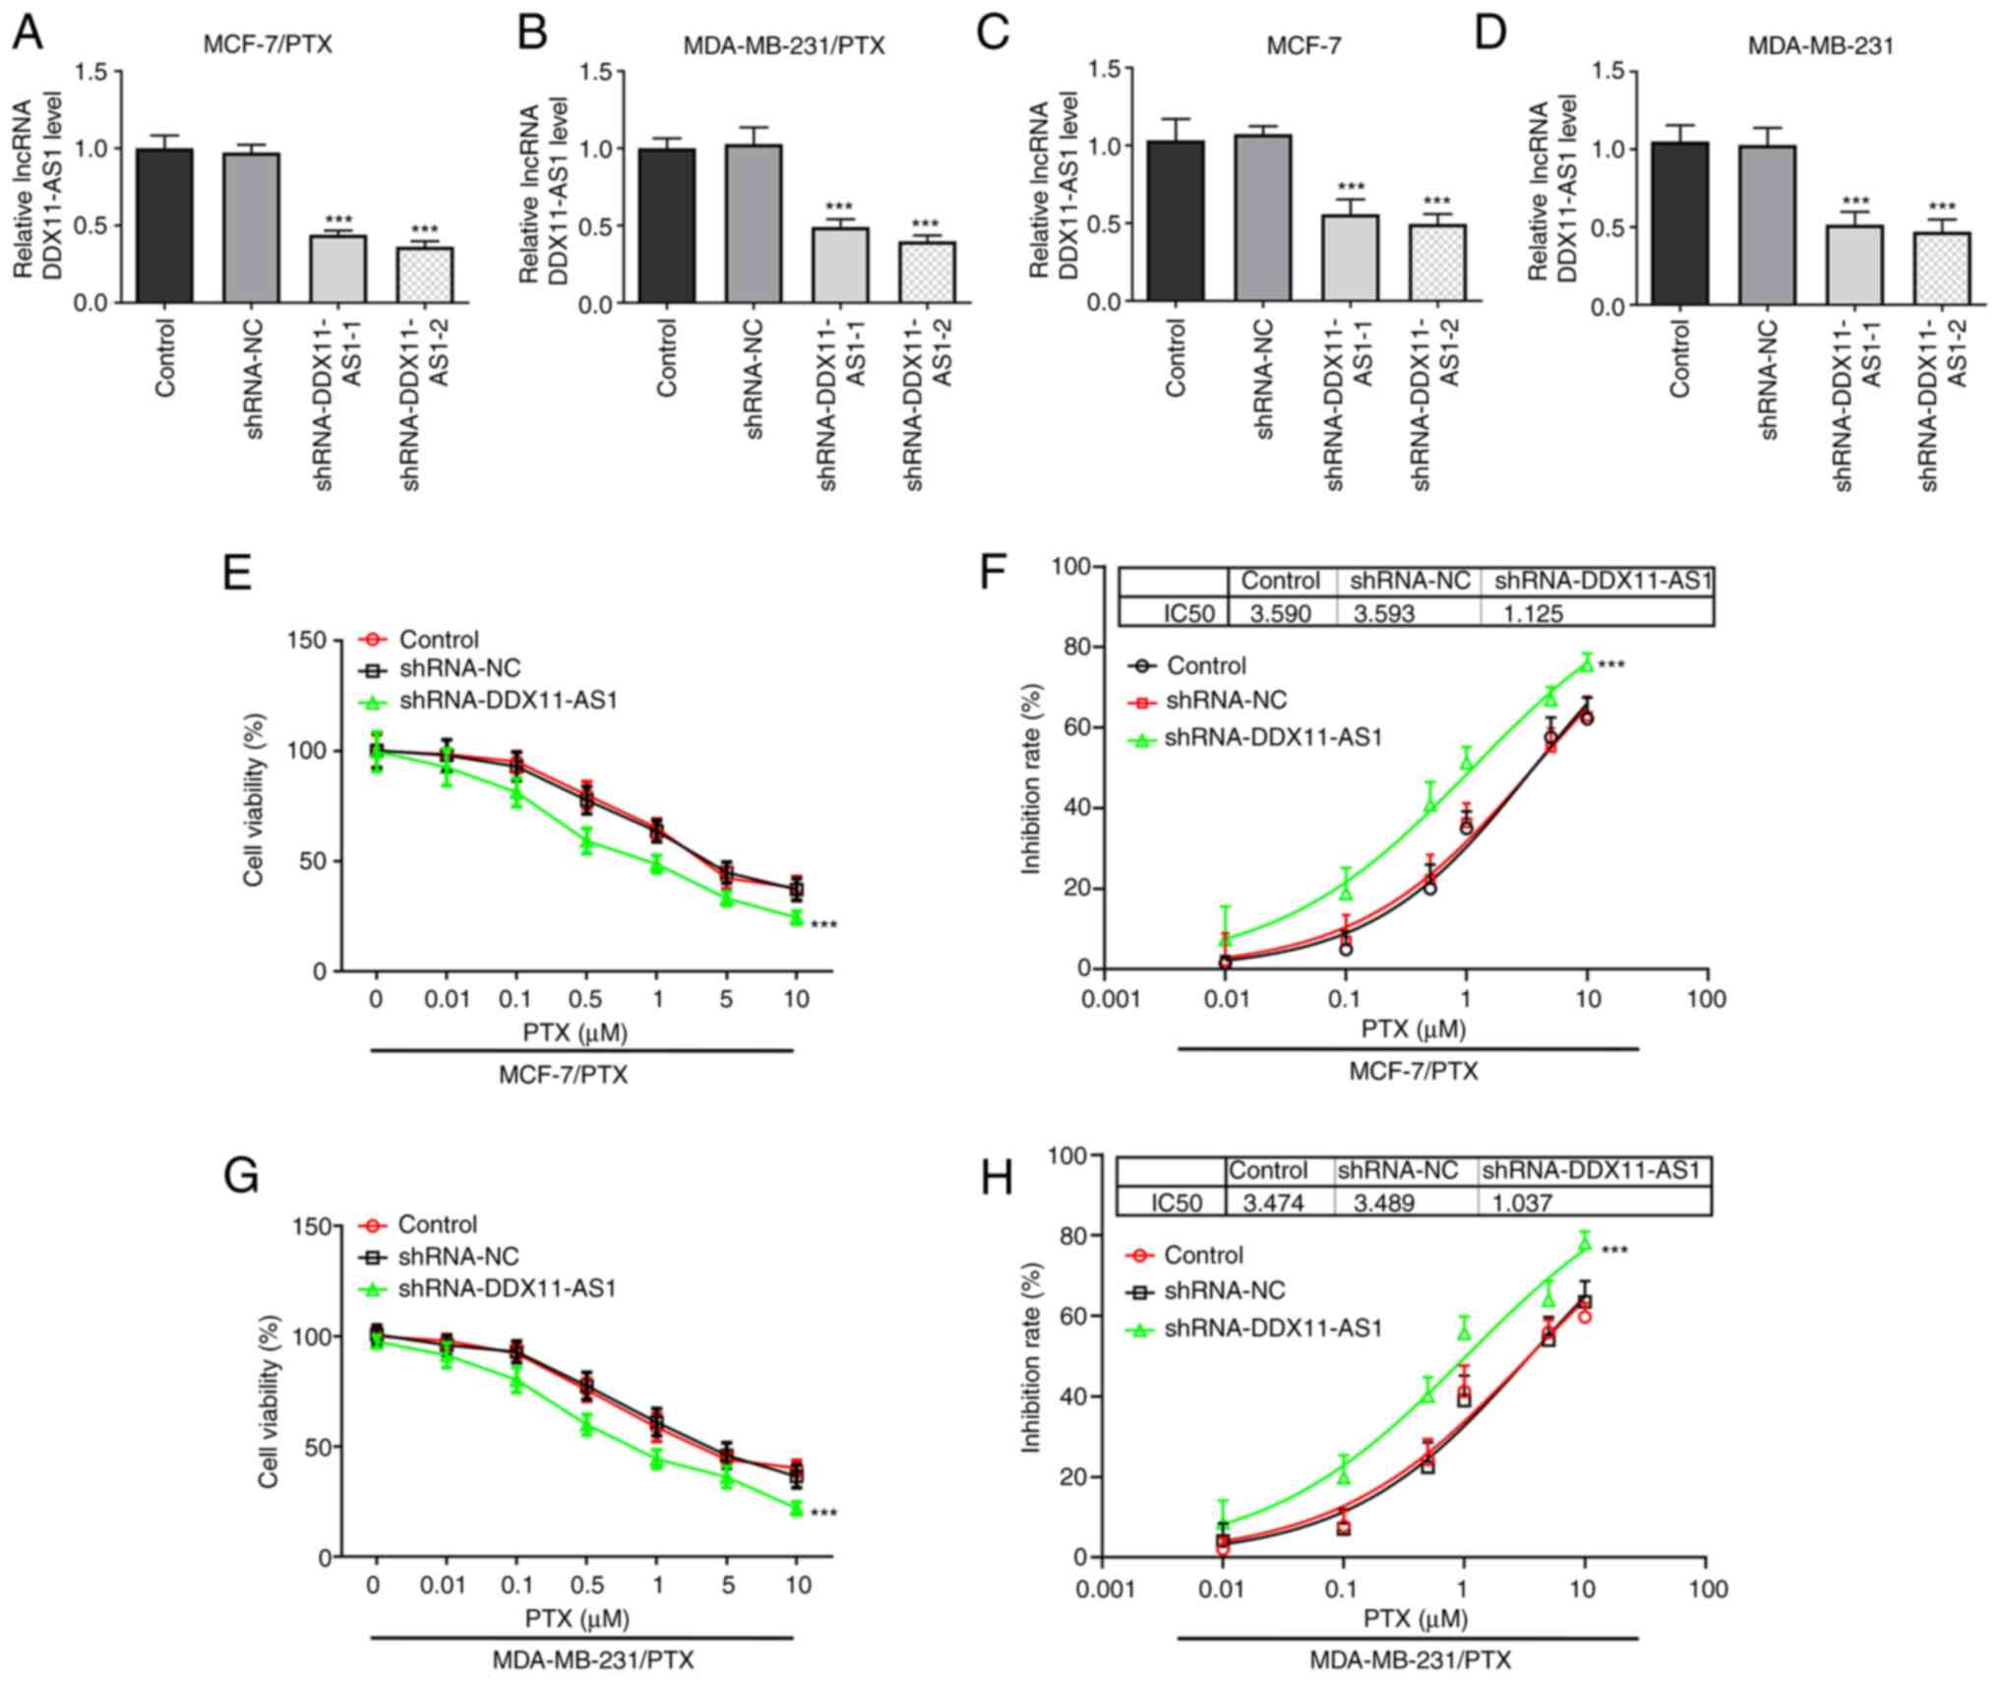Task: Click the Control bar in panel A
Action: click(x=164, y=225)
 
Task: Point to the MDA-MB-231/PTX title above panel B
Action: click(x=784, y=45)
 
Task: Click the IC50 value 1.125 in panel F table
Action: click(x=1533, y=614)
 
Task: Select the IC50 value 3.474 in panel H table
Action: click(x=1273, y=1202)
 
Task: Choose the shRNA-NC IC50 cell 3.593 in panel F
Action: click(x=1383, y=614)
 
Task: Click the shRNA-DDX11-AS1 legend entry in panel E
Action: click(x=509, y=702)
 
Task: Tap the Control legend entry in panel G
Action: click(x=437, y=1224)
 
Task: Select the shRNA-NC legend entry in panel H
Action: click(x=1225, y=1291)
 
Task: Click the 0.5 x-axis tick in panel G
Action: click(x=586, y=1586)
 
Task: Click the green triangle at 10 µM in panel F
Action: click(x=1586, y=663)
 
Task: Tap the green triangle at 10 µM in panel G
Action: click(x=796, y=1508)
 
